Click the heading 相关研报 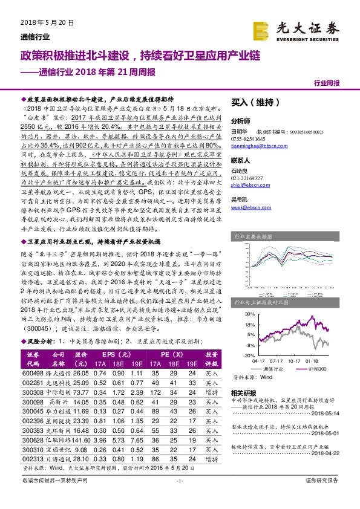[x=243, y=392]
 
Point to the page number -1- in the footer [x=179, y=498]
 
